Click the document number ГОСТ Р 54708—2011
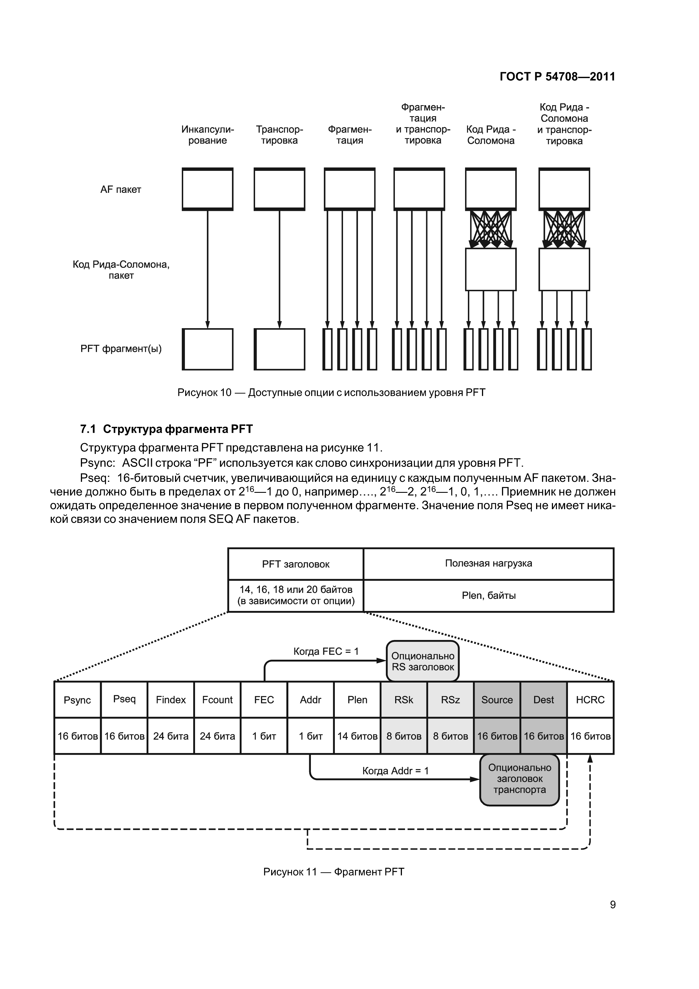pos(557,77)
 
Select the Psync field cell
pos(78,700)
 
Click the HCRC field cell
pos(590,700)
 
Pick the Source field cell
pos(497,700)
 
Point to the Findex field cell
pos(171,700)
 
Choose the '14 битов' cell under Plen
pos(357,736)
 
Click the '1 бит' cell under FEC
pos(264,736)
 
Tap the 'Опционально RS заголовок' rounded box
pos(423,661)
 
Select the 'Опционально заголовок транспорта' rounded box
pos(519,779)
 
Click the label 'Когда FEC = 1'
pos(326,651)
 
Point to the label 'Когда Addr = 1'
pos(395,771)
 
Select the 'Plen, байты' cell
pos(488,596)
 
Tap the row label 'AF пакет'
pos(121,189)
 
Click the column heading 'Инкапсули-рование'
pos(208,135)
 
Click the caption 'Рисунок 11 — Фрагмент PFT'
pos(334,872)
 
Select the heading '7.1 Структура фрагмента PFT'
pos(166,429)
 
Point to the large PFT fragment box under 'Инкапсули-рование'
pos(208,349)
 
